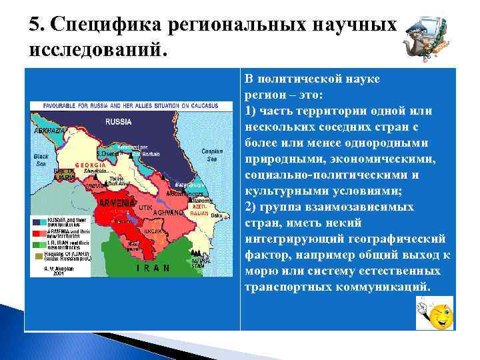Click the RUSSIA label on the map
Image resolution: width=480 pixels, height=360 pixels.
pos(118,122)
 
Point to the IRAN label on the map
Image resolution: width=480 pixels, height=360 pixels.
pos(154,267)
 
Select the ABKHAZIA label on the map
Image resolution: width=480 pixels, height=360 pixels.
pos(49,131)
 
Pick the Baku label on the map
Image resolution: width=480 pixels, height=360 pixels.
pos(216,197)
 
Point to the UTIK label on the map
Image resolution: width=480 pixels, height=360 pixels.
pos(145,208)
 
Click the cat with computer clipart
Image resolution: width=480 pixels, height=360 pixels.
pos(427,39)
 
